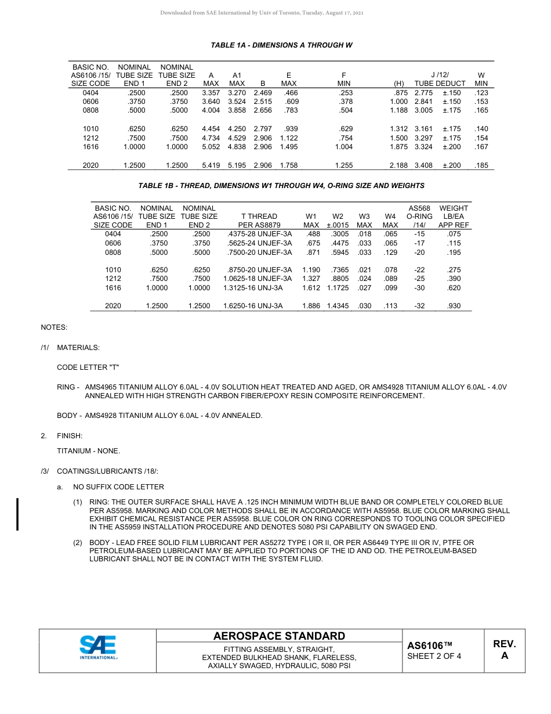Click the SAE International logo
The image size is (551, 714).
coord(98,647)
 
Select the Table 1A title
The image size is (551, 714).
coord(281,45)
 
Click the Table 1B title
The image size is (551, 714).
coord(281,186)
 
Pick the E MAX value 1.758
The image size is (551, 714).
coord(288,165)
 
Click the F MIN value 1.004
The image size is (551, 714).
coord(344,147)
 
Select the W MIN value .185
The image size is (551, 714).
coord(481,165)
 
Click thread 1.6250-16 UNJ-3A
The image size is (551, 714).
coord(253,306)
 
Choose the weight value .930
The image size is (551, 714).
coord(454,306)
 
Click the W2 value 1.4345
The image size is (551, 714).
coord(338,306)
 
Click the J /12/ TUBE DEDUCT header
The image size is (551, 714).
coord(440,79)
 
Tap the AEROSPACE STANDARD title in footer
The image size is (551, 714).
coord(279,636)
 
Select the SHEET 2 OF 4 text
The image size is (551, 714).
coord(434,657)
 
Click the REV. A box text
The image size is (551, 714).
coord(504,650)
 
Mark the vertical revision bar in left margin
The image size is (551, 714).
coord(17,514)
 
